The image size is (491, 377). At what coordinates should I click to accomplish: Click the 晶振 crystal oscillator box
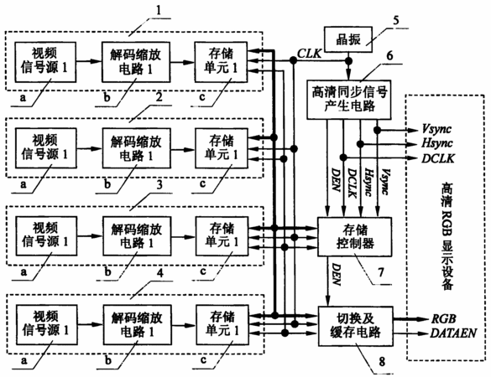(348, 39)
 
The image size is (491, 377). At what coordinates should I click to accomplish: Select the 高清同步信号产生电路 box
(349, 100)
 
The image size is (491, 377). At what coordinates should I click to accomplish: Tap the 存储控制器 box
(355, 236)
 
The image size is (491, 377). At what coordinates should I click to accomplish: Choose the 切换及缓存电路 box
(355, 326)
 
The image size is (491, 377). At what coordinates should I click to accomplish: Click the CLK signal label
(310, 54)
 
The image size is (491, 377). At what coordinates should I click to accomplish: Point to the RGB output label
(444, 319)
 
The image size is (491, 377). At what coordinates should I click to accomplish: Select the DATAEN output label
(453, 333)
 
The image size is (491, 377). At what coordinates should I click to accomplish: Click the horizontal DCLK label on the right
(438, 158)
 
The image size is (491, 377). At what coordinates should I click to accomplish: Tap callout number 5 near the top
(396, 21)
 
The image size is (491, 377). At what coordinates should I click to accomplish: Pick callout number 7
(381, 272)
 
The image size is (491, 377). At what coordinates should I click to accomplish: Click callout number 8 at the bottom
(382, 362)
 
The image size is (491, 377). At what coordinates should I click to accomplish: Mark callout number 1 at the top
(159, 10)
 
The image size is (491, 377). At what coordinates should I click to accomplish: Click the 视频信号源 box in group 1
(45, 62)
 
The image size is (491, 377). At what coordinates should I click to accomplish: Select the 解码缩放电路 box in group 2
(136, 148)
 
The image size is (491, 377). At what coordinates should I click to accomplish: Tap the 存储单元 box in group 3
(222, 236)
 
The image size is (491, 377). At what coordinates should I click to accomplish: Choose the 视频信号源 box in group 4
(46, 325)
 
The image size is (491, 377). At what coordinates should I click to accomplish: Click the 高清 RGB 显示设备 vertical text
(447, 237)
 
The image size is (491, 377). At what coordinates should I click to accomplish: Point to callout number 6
(389, 55)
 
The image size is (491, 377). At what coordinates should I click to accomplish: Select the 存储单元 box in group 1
(221, 62)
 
